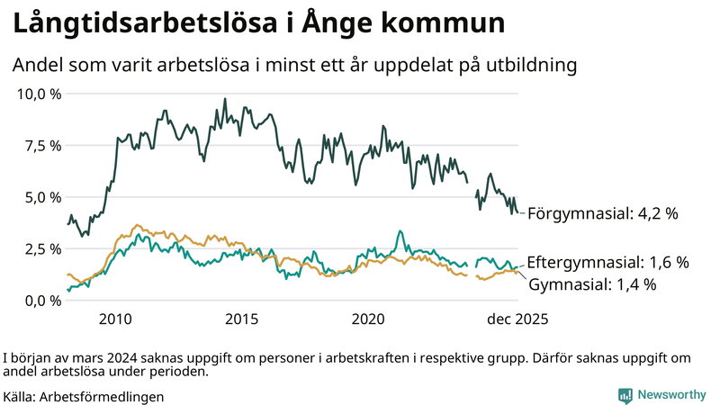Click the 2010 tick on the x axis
click(116, 319)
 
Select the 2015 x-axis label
click(242, 319)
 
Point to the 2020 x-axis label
click(369, 319)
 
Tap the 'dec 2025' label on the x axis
click(517, 319)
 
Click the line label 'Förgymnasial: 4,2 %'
click(602, 214)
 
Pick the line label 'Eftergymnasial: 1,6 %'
click(607, 263)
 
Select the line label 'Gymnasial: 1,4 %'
click(591, 284)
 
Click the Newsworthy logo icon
click(625, 395)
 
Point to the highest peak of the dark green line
click(224, 99)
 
